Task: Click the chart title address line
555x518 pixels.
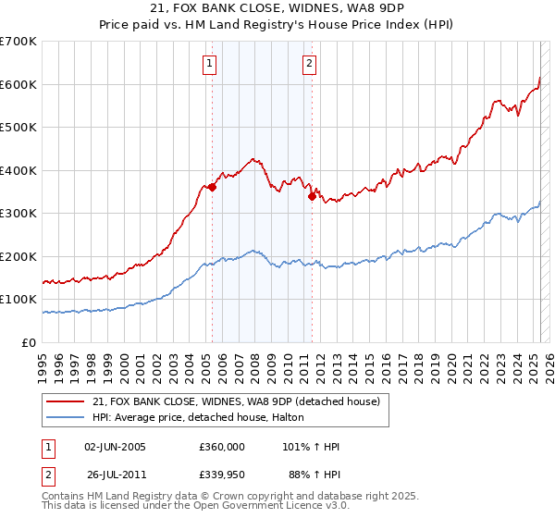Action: point(277,10)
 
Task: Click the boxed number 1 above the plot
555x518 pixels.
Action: point(210,64)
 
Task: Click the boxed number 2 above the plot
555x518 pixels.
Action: point(309,64)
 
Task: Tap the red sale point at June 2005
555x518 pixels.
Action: point(212,187)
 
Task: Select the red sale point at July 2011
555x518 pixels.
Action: point(312,195)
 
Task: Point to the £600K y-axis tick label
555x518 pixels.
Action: point(18,84)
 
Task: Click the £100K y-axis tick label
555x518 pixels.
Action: point(18,300)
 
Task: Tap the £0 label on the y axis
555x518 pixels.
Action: point(29,342)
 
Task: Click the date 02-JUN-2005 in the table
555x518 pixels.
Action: point(115,447)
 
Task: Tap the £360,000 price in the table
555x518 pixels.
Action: point(222,447)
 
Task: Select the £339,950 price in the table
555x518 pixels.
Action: point(222,477)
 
